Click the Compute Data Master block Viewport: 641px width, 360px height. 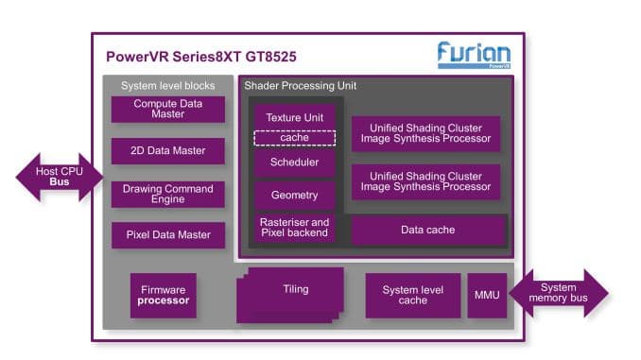(168, 109)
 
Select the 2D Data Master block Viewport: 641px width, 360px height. (168, 151)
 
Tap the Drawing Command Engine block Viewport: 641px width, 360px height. (168, 194)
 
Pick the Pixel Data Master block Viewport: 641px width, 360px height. (168, 235)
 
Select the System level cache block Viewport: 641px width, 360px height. (412, 295)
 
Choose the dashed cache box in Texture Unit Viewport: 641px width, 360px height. (294, 138)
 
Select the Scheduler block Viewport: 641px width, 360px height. (294, 163)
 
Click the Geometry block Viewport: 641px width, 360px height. (294, 196)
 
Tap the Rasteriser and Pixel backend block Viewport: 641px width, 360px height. (294, 228)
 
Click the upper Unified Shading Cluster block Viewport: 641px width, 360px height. (425, 133)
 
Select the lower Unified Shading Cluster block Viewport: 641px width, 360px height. (425, 181)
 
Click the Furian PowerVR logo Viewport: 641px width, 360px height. (474, 55)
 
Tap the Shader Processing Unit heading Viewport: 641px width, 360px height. (300, 86)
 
